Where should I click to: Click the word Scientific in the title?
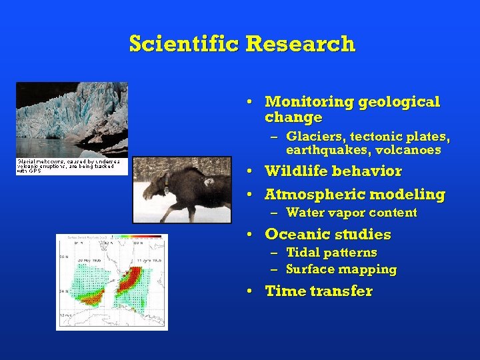click(x=185, y=44)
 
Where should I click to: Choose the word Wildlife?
click(x=296, y=171)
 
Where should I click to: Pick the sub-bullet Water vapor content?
click(x=351, y=213)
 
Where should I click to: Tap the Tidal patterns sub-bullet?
click(x=331, y=253)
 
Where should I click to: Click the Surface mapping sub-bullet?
click(x=341, y=269)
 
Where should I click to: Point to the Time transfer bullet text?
click(x=319, y=291)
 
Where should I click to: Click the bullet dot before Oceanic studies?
click(x=248, y=235)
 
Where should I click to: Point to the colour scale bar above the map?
click(x=136, y=237)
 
